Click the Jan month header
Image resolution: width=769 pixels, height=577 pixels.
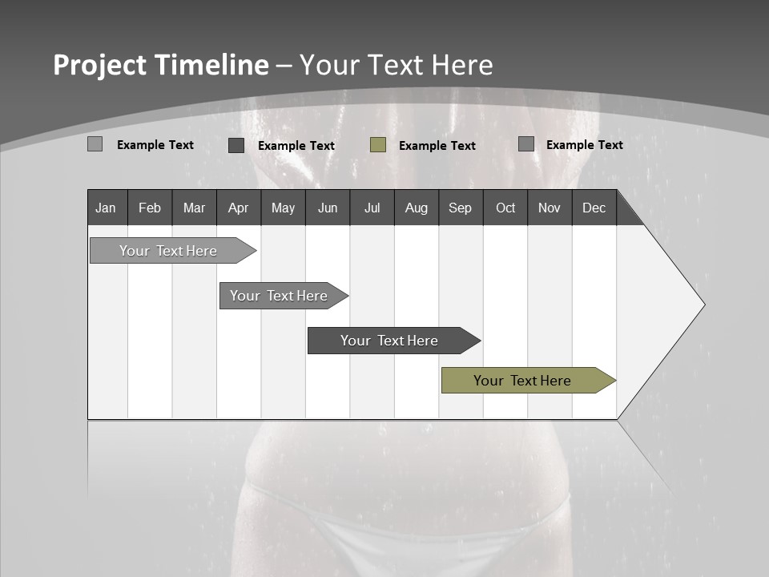pos(107,208)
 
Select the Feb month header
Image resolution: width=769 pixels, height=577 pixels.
pos(150,208)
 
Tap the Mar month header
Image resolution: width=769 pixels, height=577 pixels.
pos(194,208)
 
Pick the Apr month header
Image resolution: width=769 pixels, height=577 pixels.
pos(239,208)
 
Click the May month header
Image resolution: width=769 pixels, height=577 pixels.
pos(283,208)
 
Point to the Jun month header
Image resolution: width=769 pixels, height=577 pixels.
pos(328,208)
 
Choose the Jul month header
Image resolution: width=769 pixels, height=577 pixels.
pos(372,208)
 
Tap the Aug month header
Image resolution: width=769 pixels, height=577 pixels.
pos(417,208)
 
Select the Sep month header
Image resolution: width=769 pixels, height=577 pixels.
pos(461,208)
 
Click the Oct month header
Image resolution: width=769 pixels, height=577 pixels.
pos(505,208)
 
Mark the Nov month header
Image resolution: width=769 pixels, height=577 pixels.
pos(550,208)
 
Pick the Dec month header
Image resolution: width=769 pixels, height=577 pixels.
pos(594,208)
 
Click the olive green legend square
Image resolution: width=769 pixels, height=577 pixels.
pos(378,145)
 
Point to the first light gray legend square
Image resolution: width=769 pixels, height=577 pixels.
pos(95,144)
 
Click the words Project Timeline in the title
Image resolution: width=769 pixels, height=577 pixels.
pos(160,65)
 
